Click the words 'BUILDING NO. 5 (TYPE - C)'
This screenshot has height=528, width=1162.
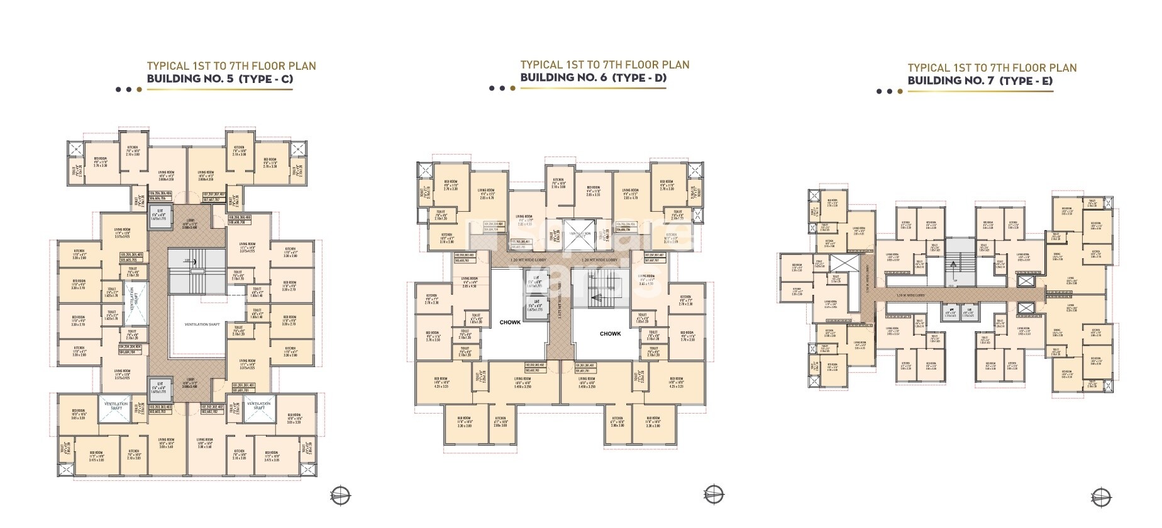tap(219, 79)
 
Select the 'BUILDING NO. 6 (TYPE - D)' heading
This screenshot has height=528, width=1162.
tap(593, 77)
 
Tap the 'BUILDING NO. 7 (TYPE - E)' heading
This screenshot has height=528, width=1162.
tap(980, 80)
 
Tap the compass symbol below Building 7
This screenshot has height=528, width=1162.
tap(1100, 495)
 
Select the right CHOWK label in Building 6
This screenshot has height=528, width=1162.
tap(610, 334)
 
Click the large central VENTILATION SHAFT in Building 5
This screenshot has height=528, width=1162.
tap(202, 324)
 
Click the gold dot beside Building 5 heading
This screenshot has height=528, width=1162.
tap(140, 89)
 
